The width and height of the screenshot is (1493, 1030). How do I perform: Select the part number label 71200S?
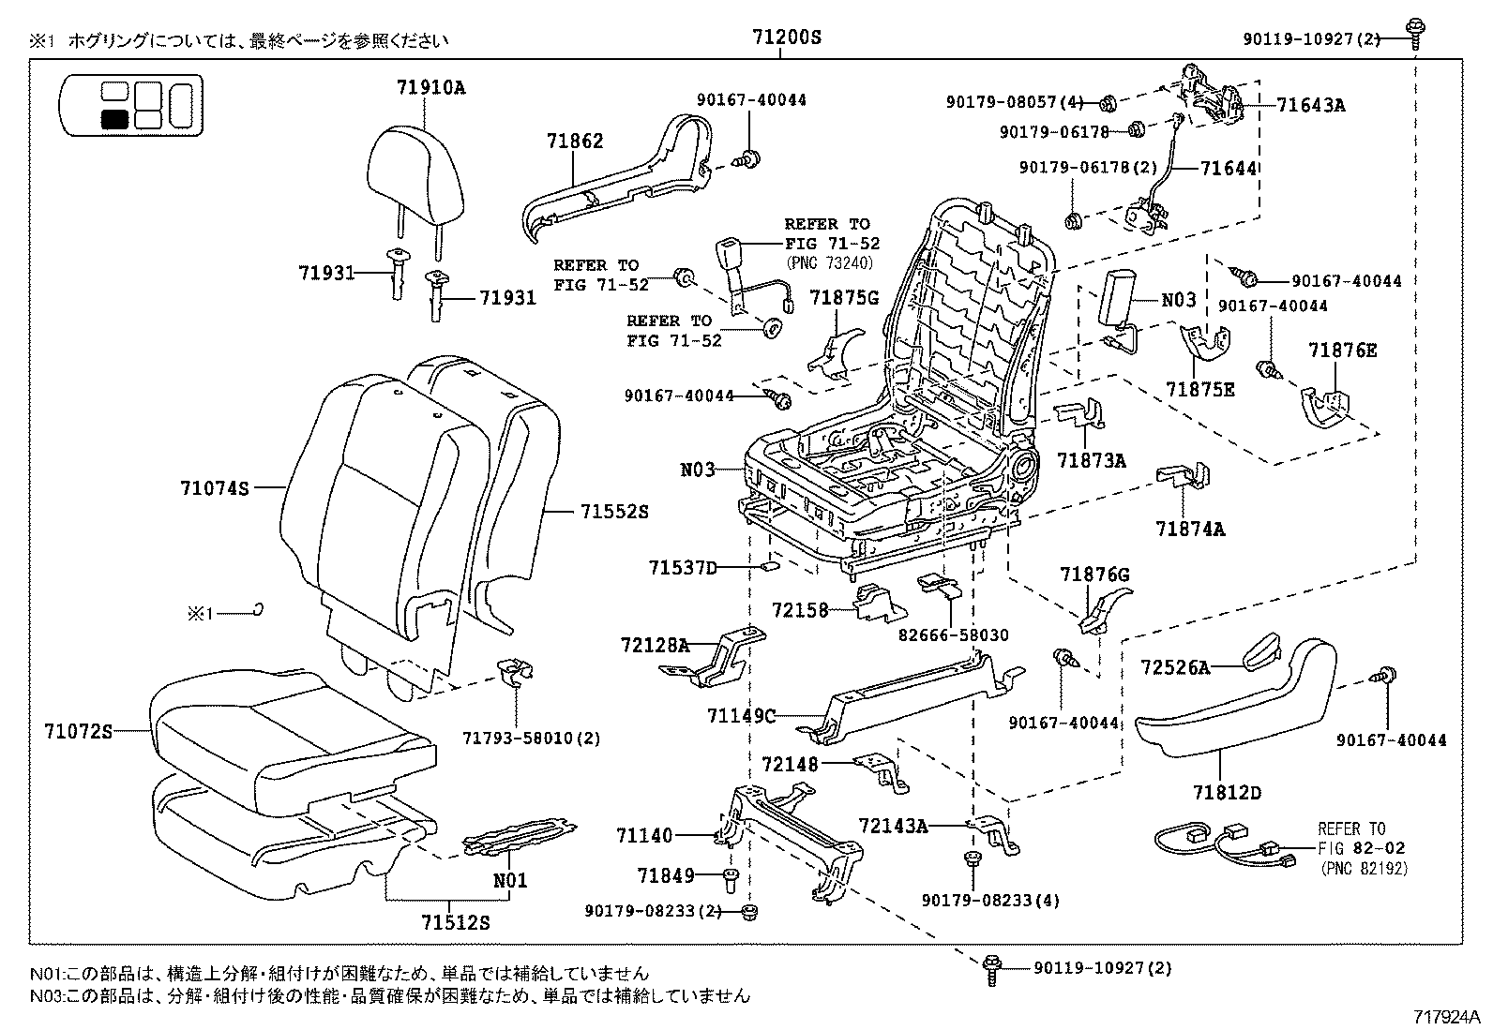coord(786,37)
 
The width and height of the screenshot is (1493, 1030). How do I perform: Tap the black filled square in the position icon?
coord(114,118)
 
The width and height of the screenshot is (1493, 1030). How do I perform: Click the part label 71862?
coord(575,142)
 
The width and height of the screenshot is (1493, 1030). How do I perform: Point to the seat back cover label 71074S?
coord(215,487)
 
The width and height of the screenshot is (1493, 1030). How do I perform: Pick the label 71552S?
coord(614,512)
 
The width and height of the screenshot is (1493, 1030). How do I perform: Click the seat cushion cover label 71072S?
coord(78,730)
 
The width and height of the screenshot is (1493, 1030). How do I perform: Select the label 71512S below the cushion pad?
coord(456,922)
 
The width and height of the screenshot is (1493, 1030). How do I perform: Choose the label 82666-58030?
coord(953,634)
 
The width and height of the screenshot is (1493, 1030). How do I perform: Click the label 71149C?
coord(742,716)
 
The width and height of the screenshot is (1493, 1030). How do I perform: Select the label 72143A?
coord(893,826)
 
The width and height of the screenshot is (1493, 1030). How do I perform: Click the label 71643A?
coord(1310,105)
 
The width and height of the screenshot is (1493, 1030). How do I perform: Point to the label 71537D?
coord(682,568)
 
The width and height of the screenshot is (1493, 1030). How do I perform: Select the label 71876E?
coord(1342,351)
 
